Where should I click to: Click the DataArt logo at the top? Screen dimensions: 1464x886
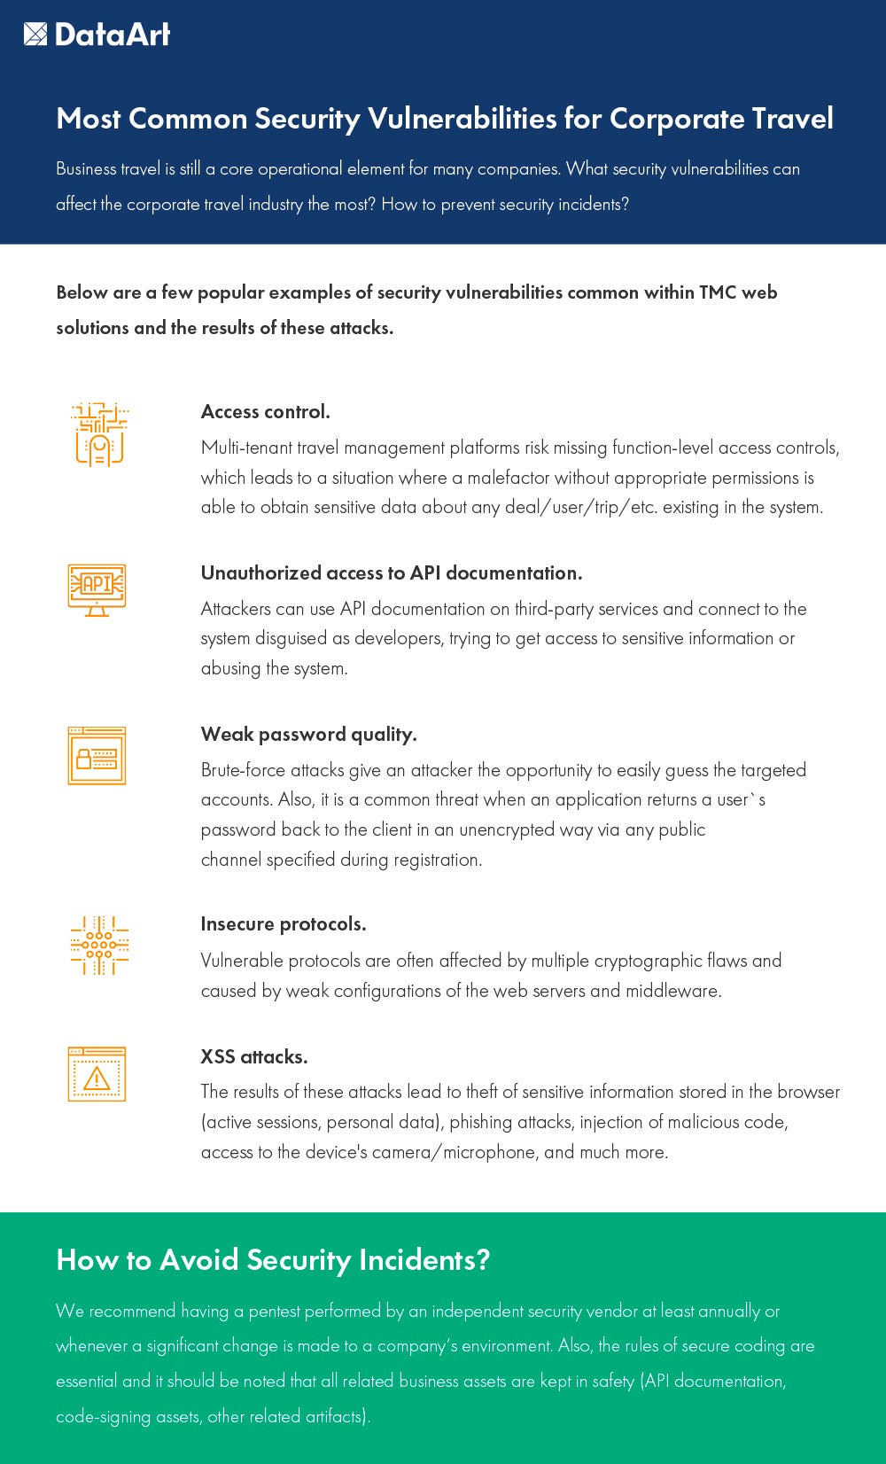tap(97, 35)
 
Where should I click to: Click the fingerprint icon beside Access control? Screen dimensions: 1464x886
tap(98, 435)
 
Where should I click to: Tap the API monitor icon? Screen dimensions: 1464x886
tap(97, 589)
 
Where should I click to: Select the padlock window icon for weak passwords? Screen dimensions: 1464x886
tap(97, 756)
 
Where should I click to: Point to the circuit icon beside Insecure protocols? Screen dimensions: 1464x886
tap(98, 946)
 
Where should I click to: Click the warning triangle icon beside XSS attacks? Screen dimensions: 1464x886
tap(97, 1075)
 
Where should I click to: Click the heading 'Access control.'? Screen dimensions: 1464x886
tap(265, 411)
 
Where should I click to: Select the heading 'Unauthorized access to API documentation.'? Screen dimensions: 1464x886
tap(391, 572)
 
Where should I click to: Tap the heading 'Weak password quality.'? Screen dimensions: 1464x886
tap(308, 734)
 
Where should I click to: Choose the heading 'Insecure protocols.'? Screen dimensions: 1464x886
tap(283, 923)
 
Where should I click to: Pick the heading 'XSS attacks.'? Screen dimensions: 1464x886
tap(253, 1056)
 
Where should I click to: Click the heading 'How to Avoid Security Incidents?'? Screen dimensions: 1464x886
tap(272, 1259)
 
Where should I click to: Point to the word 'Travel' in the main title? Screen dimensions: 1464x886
tap(792, 119)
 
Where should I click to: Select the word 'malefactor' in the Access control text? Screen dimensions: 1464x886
tap(509, 478)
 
